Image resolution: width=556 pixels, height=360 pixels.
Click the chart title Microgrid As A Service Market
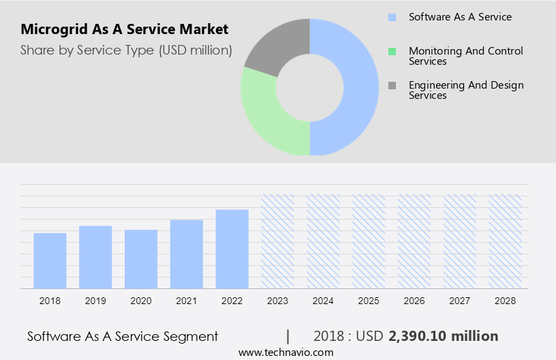tap(125, 30)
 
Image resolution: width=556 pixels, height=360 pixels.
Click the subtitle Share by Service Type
tap(126, 50)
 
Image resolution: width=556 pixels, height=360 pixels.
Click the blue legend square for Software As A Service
tap(392, 17)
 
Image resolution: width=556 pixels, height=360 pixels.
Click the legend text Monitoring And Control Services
tap(465, 56)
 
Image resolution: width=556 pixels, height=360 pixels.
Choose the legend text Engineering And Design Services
tap(465, 90)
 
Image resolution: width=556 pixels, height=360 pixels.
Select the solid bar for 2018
tap(50, 260)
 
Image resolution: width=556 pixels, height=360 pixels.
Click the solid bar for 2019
tap(95, 257)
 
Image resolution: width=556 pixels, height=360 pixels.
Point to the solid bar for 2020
tap(141, 259)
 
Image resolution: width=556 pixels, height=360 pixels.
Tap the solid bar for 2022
tap(232, 249)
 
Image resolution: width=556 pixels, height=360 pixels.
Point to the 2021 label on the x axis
tap(187, 301)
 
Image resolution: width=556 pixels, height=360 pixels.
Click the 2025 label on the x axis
tap(369, 301)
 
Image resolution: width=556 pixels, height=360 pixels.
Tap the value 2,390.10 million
tap(443, 336)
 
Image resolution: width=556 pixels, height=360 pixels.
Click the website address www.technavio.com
tap(286, 352)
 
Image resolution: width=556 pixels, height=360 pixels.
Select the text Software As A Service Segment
tap(123, 336)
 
